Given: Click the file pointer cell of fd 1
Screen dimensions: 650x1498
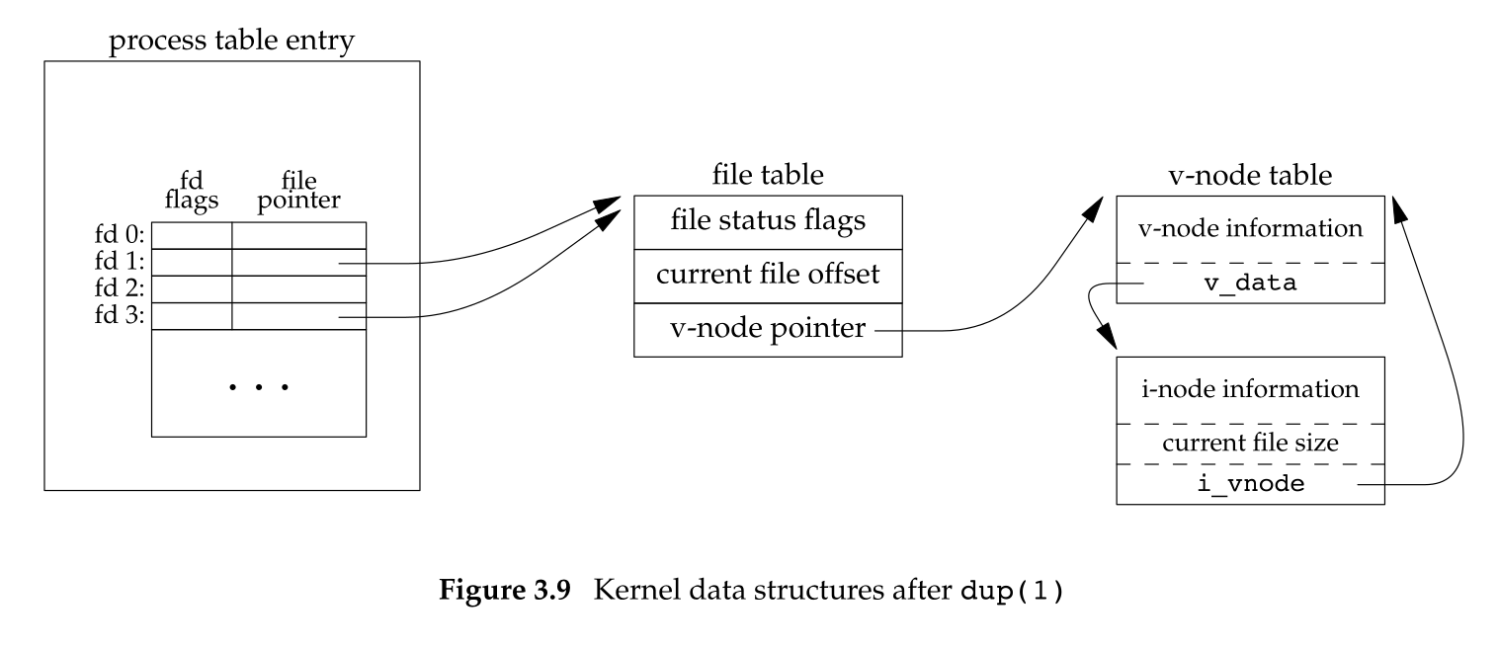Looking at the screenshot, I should click(x=298, y=263).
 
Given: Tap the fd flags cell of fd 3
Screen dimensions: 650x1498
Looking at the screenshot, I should click(x=192, y=316).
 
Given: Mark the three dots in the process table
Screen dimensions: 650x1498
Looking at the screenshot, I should click(x=258, y=387).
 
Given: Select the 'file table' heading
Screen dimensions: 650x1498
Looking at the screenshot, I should click(x=768, y=176).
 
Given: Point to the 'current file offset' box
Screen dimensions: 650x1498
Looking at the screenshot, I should click(x=768, y=275).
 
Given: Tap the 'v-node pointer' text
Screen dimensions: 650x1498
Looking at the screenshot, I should click(x=754, y=330).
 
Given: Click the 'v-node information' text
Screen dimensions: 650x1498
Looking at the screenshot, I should click(x=1250, y=229).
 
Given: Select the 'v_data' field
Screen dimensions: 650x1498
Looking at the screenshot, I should click(x=1250, y=284).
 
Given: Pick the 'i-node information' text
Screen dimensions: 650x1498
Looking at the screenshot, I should click(x=1250, y=388).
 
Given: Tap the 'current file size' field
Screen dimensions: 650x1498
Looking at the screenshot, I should click(x=1250, y=444).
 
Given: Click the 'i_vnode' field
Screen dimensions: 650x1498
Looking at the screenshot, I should click(x=1250, y=485).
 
